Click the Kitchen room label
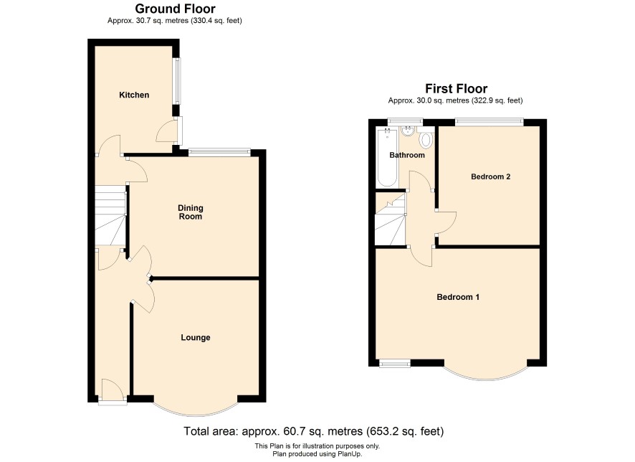coord(134,95)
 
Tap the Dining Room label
coord(191,212)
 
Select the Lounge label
coord(196,338)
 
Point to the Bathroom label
coord(407,155)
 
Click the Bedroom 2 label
coord(490,176)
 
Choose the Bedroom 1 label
coord(458,297)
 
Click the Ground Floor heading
coord(175,9)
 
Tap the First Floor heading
coord(456,88)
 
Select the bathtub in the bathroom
coord(387,157)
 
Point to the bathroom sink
coord(407,131)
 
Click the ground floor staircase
coord(110,215)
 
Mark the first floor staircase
coord(391,219)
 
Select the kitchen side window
coord(177,81)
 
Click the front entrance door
coord(113,392)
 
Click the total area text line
coord(314,431)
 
